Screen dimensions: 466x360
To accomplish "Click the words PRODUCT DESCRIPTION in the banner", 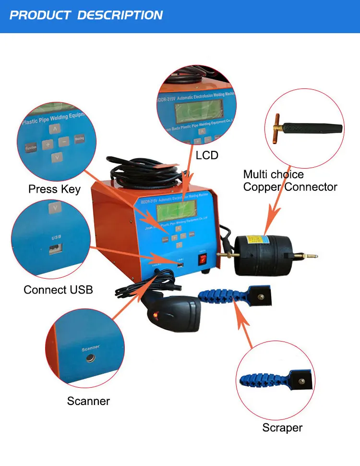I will [x=86, y=15].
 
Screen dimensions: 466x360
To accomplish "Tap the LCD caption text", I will [x=207, y=155].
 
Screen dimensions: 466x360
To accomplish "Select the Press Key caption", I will [x=54, y=189].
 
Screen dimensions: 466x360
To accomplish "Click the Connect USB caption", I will [x=58, y=290].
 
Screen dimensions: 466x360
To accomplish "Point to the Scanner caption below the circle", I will [x=88, y=401].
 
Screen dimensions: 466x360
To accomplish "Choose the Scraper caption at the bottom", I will [x=282, y=428].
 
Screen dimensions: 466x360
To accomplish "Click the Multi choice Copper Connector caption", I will [x=290, y=181].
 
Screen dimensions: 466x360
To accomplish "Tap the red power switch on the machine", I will [x=204, y=260].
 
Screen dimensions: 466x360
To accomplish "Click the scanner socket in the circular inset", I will [x=89, y=358].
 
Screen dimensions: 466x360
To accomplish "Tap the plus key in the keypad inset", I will [x=48, y=144].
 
